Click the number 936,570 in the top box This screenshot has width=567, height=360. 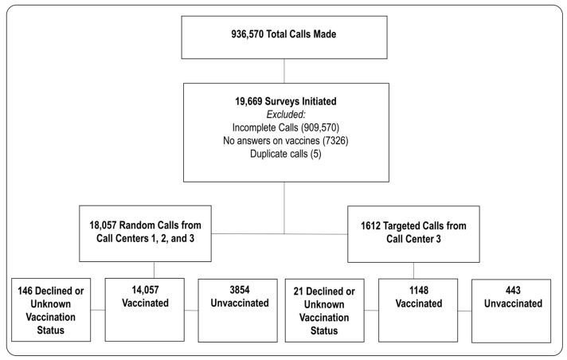tap(248, 34)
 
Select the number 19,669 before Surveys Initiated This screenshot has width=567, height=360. tap(248, 101)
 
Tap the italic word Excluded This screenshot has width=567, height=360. tap(286, 115)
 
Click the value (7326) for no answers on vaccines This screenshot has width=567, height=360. tap(335, 140)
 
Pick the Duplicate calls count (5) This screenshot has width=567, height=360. tap(315, 154)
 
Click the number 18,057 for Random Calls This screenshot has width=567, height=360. tap(103, 225)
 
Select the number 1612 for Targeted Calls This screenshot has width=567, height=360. tap(370, 226)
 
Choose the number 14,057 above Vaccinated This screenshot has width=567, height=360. tap(145, 290)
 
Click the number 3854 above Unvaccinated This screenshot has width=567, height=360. tap(240, 290)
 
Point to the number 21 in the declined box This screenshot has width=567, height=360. tap(299, 292)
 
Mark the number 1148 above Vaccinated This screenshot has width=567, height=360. tap(419, 290)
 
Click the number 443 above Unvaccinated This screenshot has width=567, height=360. tap(513, 290)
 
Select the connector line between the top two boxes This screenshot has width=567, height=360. tap(284, 71)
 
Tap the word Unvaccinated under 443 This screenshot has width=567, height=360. tap(513, 303)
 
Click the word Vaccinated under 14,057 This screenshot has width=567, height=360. tap(145, 303)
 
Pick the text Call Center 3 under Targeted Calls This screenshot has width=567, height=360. tap(413, 239)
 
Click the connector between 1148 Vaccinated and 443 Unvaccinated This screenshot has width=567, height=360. tap(464, 311)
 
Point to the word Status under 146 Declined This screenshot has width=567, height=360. tap(51, 330)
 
